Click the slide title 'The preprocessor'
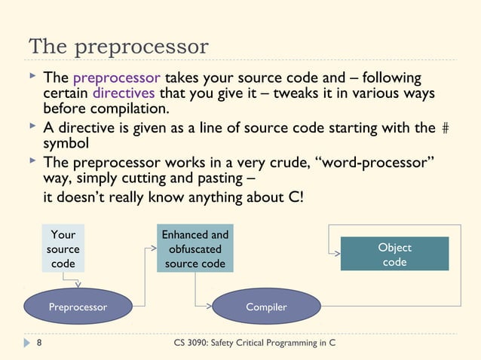[x=118, y=47]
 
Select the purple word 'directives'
[x=123, y=93]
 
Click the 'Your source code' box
[x=63, y=249]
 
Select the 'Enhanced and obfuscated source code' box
[x=195, y=249]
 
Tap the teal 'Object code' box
[x=394, y=254]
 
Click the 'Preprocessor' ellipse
[x=78, y=307]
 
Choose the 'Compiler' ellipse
[x=266, y=307]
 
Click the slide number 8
[x=38, y=343]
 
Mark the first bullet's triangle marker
[x=32, y=78]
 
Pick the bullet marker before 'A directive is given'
[x=32, y=127]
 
